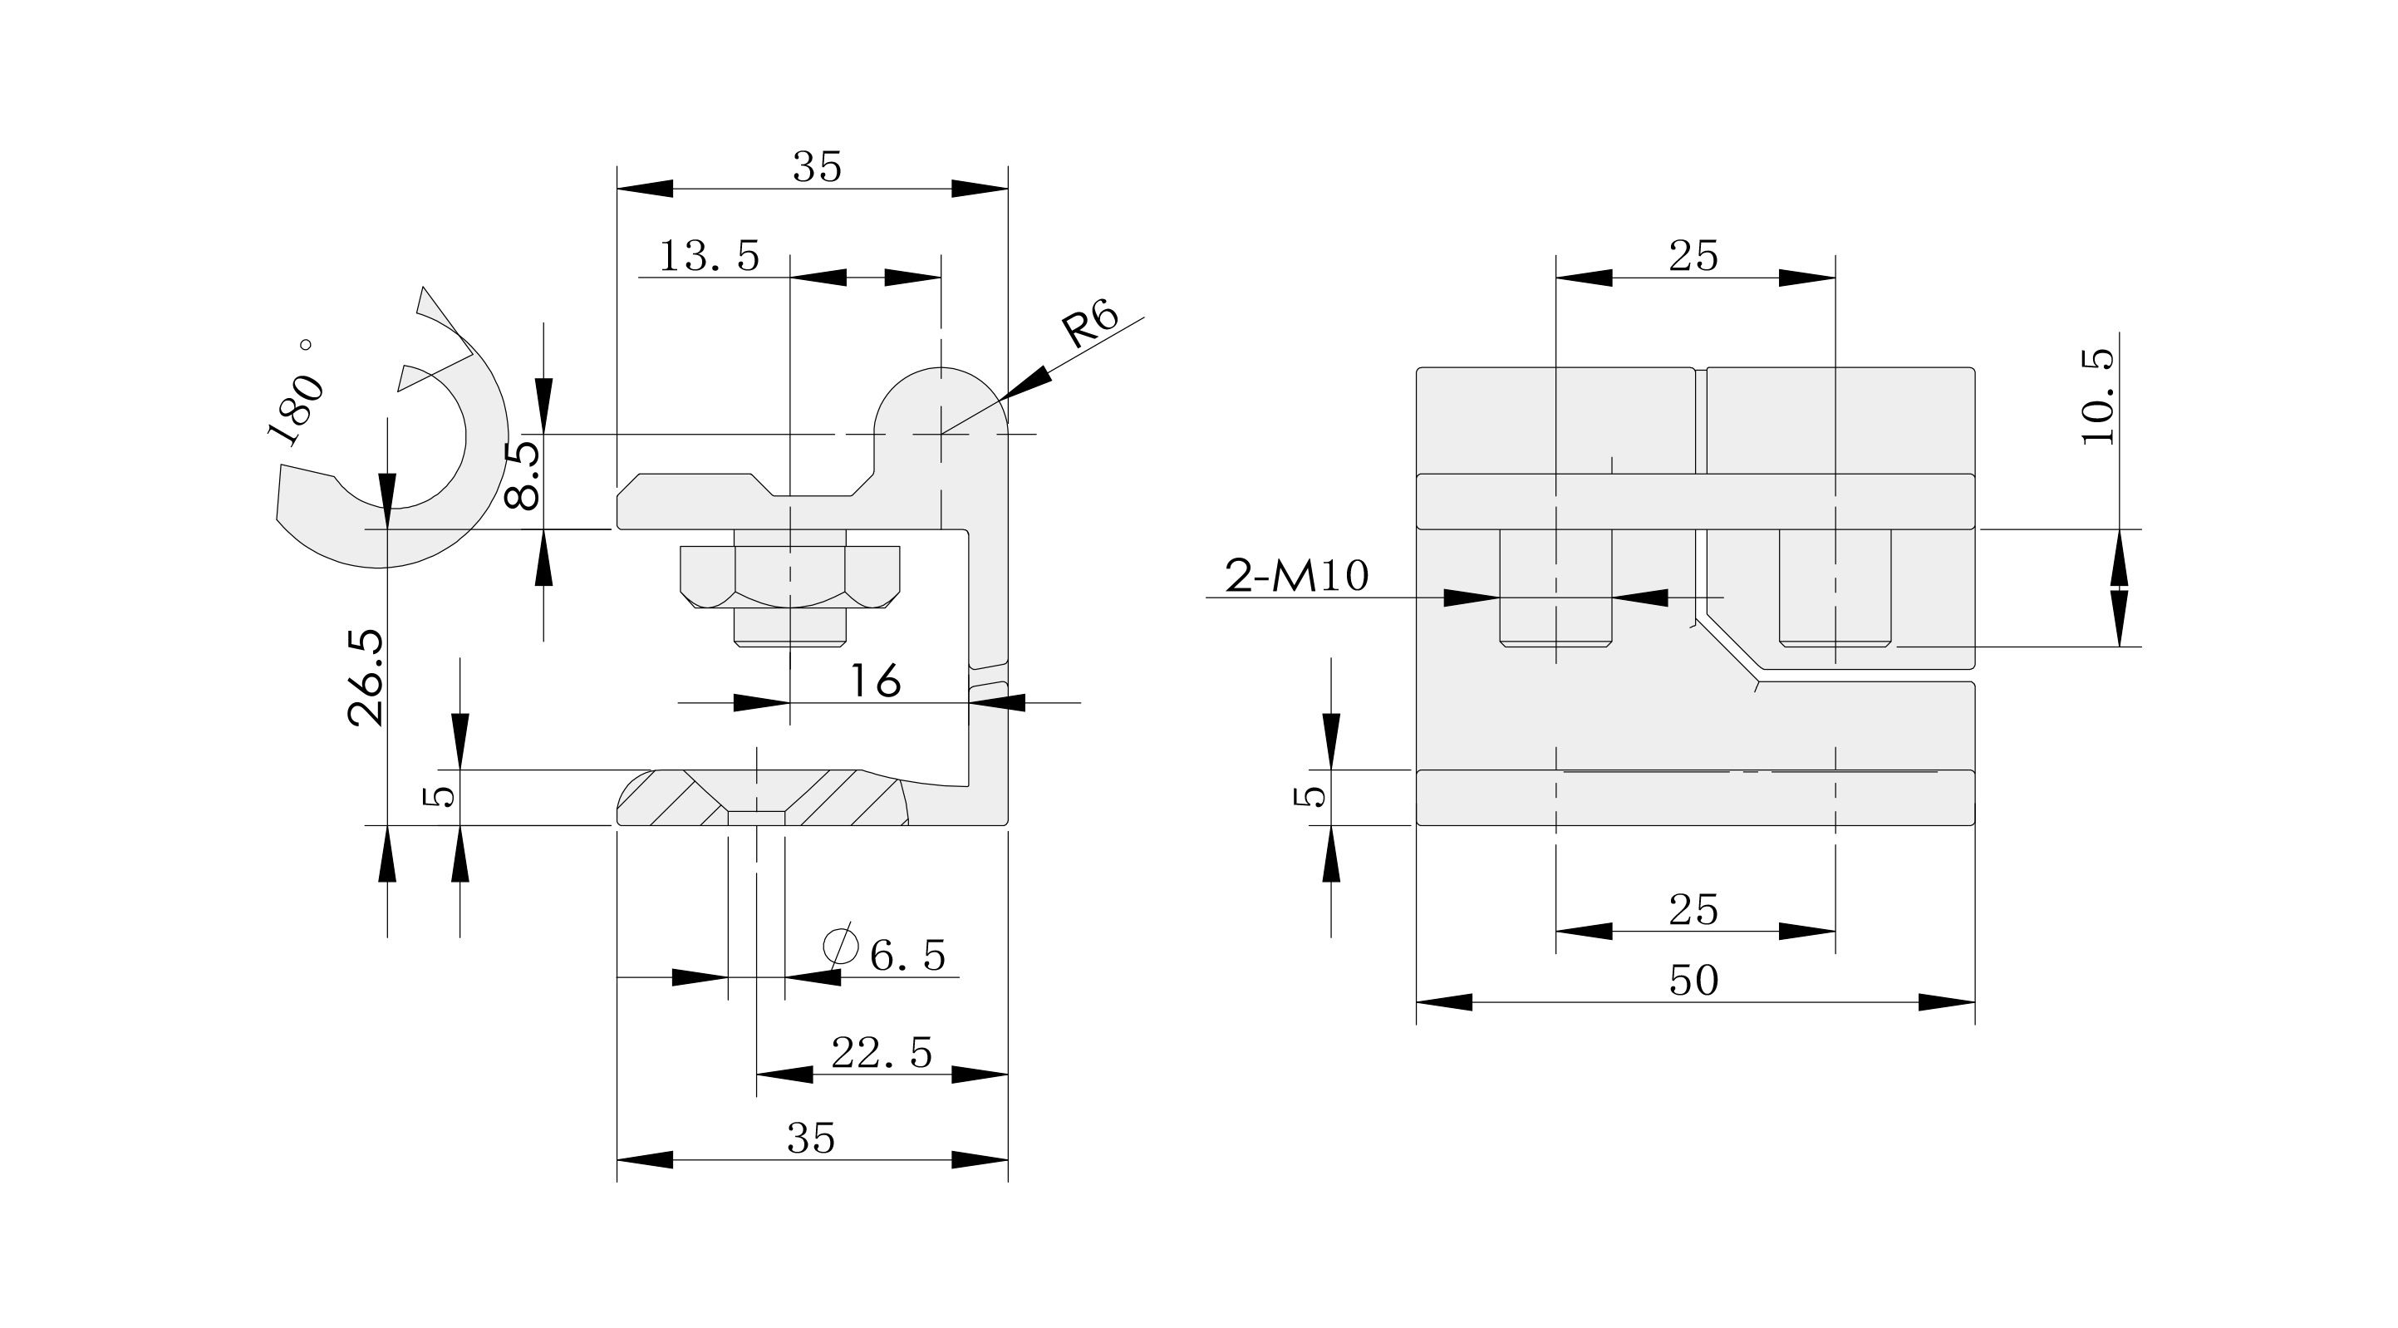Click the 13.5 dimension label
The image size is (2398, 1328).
[x=710, y=256]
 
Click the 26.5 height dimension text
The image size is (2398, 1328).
[x=366, y=677]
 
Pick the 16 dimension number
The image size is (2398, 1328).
[x=875, y=681]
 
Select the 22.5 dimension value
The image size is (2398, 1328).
[x=882, y=1053]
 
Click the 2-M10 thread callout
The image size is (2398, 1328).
[x=1297, y=577]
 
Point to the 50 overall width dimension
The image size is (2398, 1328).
[x=1693, y=981]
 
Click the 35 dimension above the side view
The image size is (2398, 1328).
[x=817, y=168]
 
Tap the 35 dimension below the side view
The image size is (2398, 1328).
[x=811, y=1138]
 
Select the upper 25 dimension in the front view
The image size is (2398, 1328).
[x=1693, y=256]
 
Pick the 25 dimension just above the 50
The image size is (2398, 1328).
[x=1693, y=910]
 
